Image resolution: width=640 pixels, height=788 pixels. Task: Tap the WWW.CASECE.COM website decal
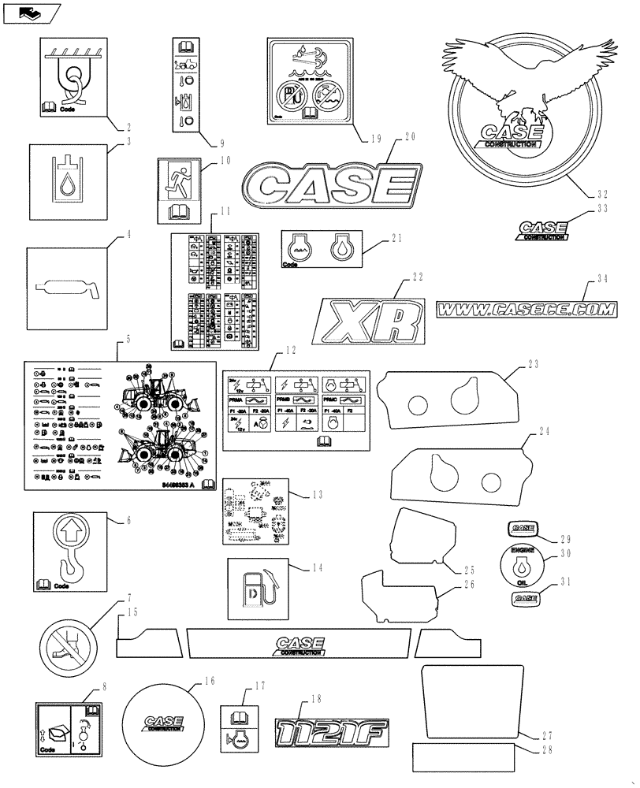526,310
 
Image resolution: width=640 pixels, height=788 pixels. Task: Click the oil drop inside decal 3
66,189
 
